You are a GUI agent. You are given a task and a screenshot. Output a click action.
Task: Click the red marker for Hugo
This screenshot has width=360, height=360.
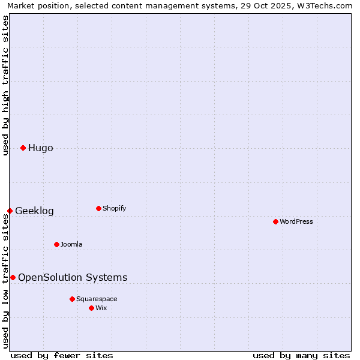pos(23,148)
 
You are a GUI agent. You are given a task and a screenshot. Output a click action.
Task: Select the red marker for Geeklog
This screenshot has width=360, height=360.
pos(10,211)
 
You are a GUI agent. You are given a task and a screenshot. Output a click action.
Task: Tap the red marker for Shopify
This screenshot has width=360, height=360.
pos(98,208)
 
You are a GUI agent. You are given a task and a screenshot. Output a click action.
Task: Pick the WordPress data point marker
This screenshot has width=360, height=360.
pos(275,221)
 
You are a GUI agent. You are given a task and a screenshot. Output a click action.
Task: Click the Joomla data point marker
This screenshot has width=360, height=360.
pos(56,244)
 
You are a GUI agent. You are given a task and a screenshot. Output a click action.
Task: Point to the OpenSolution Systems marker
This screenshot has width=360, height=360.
pos(13,277)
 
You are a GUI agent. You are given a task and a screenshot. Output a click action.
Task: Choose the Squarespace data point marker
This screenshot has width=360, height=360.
pos(72,299)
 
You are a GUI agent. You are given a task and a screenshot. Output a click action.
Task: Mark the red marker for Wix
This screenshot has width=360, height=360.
pos(91,308)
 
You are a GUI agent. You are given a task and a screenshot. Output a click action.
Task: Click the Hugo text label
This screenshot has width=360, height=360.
pos(40,148)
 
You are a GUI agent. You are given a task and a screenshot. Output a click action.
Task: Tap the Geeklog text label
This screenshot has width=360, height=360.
pos(34,211)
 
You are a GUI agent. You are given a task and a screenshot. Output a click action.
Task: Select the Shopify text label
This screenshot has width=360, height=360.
pos(114,208)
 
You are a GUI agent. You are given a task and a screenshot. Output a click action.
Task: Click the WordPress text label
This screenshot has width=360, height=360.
pos(296,221)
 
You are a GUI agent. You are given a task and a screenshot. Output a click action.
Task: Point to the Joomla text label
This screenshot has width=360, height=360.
pos(71,244)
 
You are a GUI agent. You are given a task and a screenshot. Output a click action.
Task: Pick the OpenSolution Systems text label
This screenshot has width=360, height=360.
pos(73,277)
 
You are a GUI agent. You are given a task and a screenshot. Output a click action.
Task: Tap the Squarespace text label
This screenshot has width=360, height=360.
pos(97,299)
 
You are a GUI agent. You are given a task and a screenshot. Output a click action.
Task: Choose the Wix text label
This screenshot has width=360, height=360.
pos(101,308)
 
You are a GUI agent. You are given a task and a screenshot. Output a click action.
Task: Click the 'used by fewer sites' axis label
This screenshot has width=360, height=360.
pos(62,355)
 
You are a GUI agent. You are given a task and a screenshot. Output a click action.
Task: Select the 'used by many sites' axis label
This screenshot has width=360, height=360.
pos(301,355)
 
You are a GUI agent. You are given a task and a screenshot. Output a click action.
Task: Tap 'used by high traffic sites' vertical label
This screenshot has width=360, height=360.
pos(5,85)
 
